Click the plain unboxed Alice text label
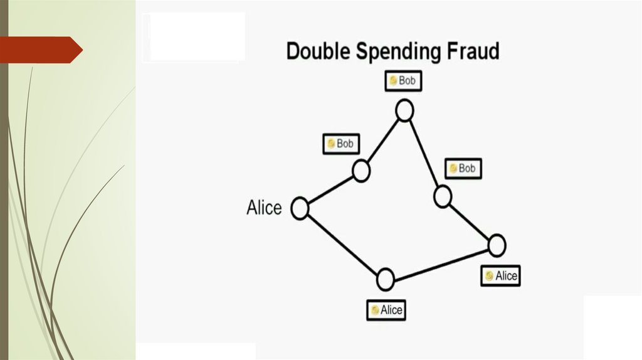264,208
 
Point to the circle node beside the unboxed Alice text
300,208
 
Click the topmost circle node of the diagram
404,111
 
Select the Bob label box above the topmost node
402,81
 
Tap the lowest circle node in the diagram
385,279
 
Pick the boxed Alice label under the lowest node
386,310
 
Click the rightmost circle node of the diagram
496,245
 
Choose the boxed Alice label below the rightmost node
501,276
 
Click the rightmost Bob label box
463,169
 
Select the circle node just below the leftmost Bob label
361,171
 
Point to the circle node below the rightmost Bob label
443,196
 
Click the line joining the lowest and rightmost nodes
441,262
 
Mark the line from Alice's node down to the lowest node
342,243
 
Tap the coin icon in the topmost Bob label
393,81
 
